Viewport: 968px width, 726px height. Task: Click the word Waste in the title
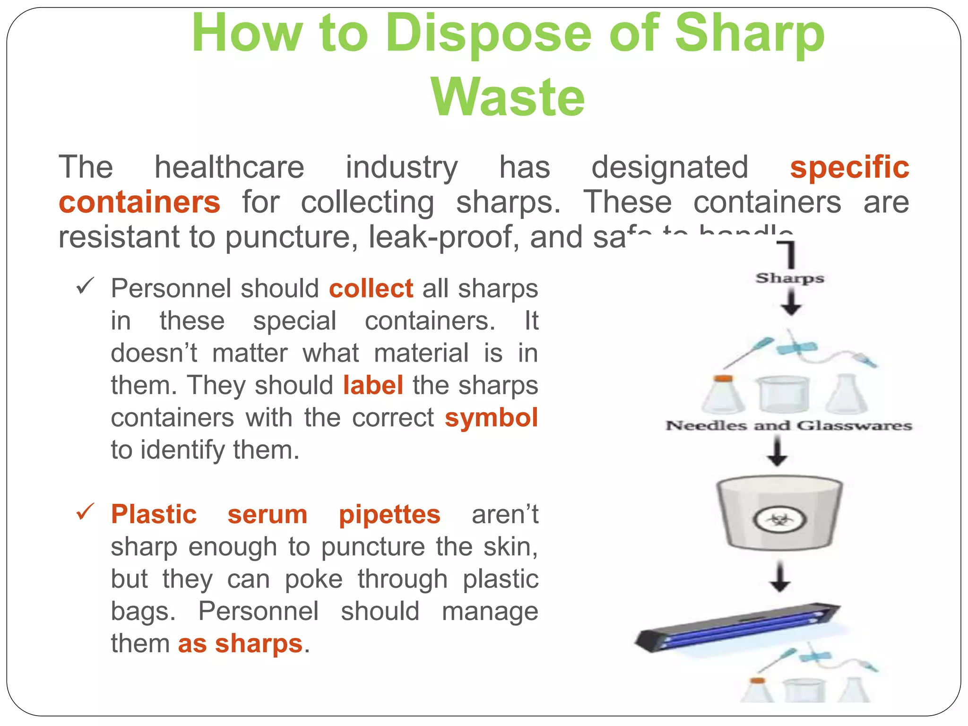(508, 97)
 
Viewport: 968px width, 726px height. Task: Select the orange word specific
(849, 167)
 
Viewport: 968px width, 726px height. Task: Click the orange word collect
(371, 288)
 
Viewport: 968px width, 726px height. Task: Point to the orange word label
(373, 385)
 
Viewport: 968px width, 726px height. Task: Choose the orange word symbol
(491, 418)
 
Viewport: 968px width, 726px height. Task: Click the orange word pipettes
(389, 514)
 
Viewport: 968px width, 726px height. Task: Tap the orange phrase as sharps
(240, 644)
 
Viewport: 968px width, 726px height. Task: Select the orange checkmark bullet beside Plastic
(86, 512)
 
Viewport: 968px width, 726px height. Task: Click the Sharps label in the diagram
(790, 278)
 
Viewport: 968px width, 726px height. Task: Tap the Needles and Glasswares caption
(789, 425)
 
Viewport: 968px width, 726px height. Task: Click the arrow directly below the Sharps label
(791, 302)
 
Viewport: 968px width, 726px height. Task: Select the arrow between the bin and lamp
(780, 577)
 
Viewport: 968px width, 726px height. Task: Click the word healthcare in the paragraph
(229, 167)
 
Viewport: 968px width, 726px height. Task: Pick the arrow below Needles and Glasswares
(777, 451)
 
